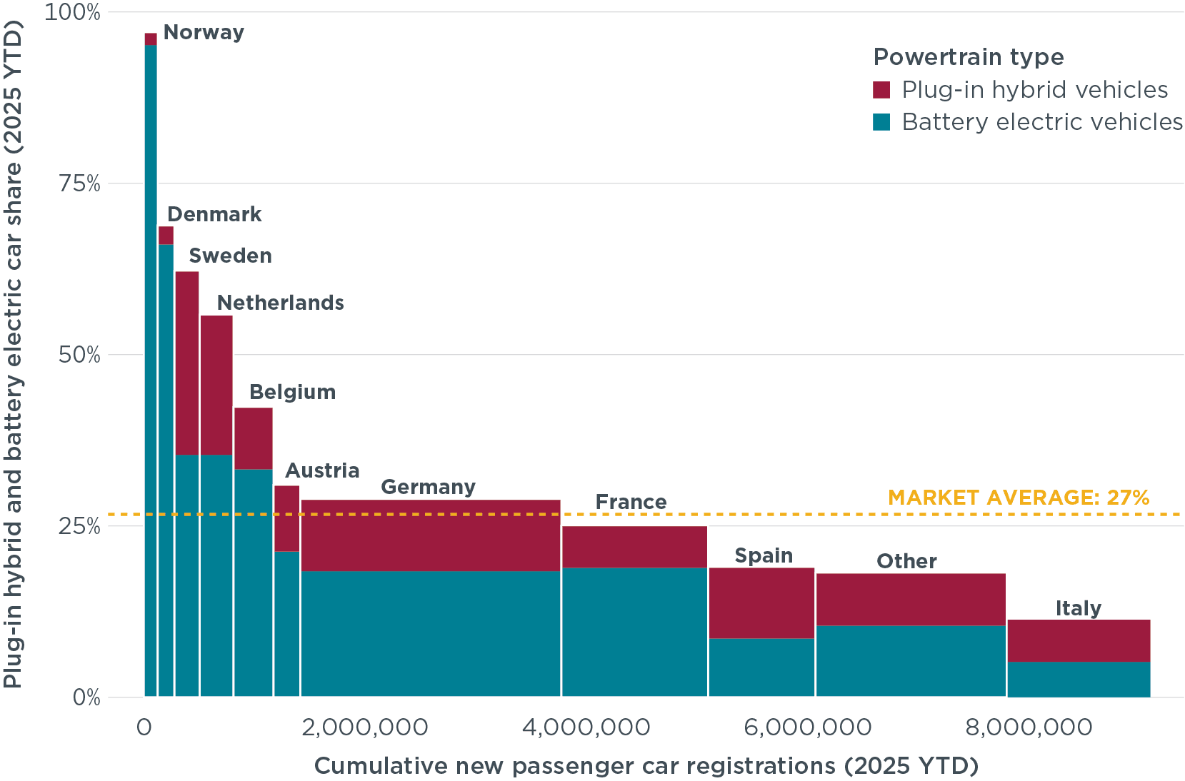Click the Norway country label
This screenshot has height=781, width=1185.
point(204,33)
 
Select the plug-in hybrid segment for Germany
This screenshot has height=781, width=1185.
point(430,535)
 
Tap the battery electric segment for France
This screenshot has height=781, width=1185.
point(634,632)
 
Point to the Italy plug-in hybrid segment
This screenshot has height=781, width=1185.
point(1079,640)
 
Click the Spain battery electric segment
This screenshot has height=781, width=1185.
point(761,667)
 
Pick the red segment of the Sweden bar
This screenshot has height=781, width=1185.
point(187,363)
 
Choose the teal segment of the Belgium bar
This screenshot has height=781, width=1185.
point(254,582)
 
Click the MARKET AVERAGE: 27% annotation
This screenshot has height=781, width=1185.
point(1019,498)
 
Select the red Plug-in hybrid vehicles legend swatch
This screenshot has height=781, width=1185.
point(882,90)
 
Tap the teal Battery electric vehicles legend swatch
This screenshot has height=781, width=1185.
point(882,122)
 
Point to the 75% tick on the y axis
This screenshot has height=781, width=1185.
point(79,183)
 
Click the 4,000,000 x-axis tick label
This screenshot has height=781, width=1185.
point(586,727)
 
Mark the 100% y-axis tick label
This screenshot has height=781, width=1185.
point(73,12)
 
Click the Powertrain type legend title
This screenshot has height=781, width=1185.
point(968,57)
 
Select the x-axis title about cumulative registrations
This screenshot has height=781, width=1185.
point(646,766)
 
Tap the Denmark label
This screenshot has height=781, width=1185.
point(214,215)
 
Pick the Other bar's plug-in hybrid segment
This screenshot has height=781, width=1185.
point(911,600)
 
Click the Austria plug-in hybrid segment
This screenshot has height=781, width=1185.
point(286,518)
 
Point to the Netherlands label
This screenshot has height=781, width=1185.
point(280,303)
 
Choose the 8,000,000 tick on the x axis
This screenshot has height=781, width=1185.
point(1029,727)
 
